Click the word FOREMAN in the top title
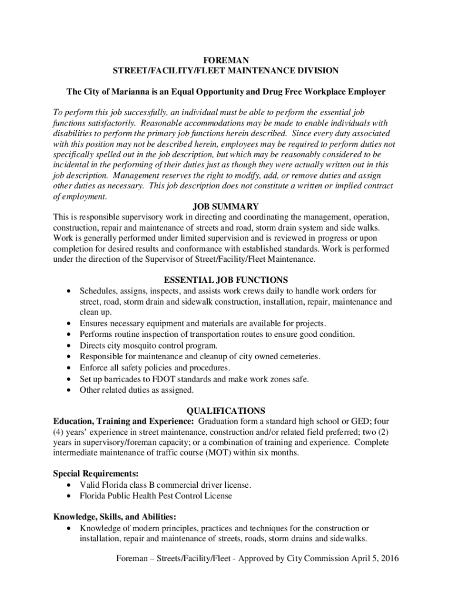coord(226,60)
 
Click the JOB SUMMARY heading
coord(226,207)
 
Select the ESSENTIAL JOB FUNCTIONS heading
coord(226,280)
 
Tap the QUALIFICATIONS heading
coord(226,411)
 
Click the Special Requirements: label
coord(96,474)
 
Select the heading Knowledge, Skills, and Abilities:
coord(114,517)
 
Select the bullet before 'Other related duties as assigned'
coord(70,390)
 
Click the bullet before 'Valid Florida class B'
coord(70,485)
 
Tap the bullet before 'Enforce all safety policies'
coord(70,368)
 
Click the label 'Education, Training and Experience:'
coord(123,421)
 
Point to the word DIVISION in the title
coord(318,70)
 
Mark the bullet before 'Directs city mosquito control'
coord(70,346)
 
